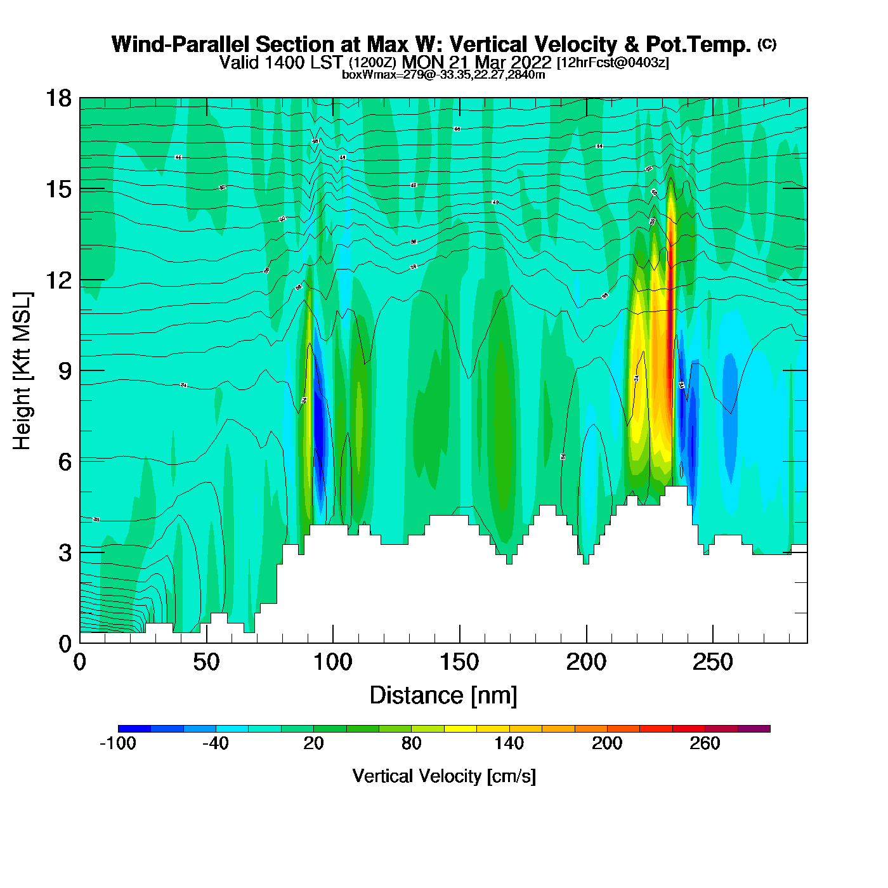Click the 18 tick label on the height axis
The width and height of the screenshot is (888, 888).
tap(58, 98)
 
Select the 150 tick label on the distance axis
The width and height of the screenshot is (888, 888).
tap(459, 663)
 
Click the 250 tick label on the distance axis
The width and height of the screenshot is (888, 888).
tap(712, 663)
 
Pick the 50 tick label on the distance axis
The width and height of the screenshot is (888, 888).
tap(206, 663)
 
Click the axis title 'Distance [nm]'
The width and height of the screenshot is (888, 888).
tap(443, 696)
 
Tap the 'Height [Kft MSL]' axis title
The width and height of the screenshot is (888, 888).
tap(22, 371)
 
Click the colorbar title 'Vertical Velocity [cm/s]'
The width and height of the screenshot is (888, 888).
tap(444, 776)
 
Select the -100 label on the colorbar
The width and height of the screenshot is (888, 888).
tap(118, 743)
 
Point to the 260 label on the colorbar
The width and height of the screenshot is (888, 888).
tap(705, 743)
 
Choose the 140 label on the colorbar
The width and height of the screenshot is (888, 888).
tap(509, 743)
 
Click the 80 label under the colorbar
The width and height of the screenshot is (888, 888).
tap(412, 743)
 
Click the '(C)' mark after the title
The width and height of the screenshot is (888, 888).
tap(767, 44)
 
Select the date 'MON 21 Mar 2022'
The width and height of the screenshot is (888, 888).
tap(477, 62)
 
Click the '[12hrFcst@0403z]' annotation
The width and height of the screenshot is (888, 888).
tap(612, 63)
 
